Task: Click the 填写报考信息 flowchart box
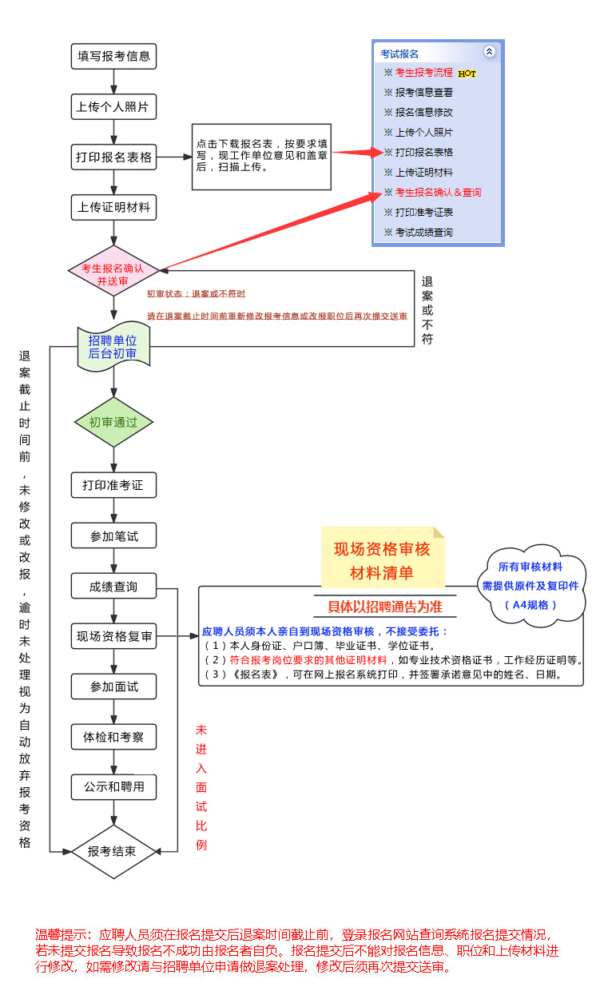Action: pyautogui.click(x=113, y=56)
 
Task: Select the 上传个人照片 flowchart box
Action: pyautogui.click(x=113, y=106)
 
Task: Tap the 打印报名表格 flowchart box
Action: pyautogui.click(x=113, y=157)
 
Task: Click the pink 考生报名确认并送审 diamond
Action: pyautogui.click(x=113, y=271)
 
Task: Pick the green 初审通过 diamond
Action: pyautogui.click(x=113, y=422)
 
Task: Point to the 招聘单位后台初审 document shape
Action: pyautogui.click(x=113, y=347)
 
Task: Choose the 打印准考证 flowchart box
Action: pyautogui.click(x=113, y=485)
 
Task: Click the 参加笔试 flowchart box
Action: pyautogui.click(x=113, y=535)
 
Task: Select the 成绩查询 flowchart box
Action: pyautogui.click(x=113, y=586)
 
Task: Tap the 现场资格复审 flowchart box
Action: pyautogui.click(x=113, y=636)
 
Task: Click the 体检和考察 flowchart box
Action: pyautogui.click(x=113, y=737)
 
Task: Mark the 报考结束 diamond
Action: pyautogui.click(x=113, y=852)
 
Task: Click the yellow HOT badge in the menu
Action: pyautogui.click(x=467, y=74)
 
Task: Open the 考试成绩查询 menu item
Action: pyautogui.click(x=419, y=233)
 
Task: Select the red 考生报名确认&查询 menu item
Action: pyautogui.click(x=432, y=193)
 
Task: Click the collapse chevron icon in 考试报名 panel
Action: pyautogui.click(x=489, y=51)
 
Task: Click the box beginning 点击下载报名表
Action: pyautogui.click(x=261, y=157)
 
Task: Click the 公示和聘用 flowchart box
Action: pyautogui.click(x=113, y=787)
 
